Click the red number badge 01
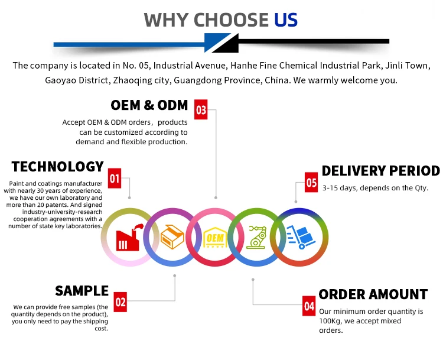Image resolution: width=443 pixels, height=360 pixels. (x=115, y=179)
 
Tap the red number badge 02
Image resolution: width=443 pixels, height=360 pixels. (x=120, y=303)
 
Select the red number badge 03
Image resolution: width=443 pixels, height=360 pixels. (x=201, y=110)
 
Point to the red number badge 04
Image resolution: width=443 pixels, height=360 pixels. (x=310, y=306)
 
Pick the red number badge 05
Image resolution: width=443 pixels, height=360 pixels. (x=311, y=183)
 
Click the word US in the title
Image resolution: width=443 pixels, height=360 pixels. (x=286, y=20)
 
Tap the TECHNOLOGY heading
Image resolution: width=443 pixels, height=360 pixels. (x=58, y=167)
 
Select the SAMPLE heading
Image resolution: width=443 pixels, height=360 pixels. (x=82, y=291)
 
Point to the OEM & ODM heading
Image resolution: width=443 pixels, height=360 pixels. (x=149, y=106)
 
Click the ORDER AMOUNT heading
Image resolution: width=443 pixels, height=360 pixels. (x=373, y=294)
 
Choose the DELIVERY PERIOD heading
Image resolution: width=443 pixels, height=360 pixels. (x=380, y=171)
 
